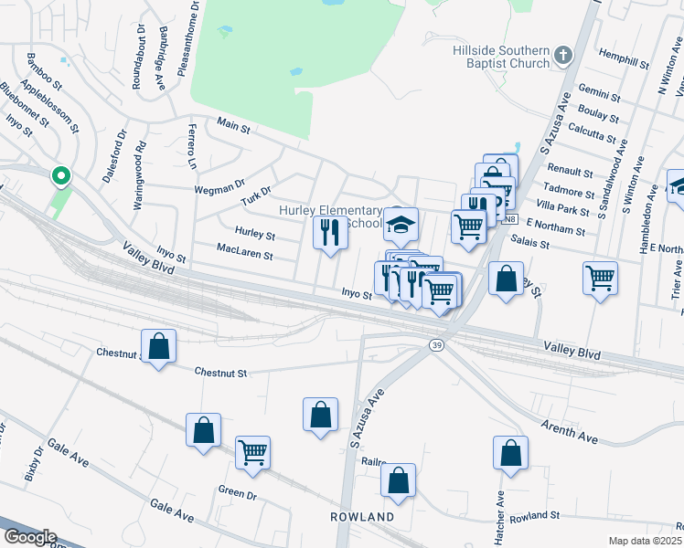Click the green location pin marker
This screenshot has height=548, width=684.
[x=60, y=174]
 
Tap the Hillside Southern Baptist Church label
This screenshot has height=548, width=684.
[x=501, y=57]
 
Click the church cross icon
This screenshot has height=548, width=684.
[x=562, y=57]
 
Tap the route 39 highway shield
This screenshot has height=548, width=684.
[x=437, y=343]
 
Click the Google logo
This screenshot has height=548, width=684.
[x=29, y=537]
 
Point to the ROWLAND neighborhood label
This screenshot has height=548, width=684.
[x=362, y=517]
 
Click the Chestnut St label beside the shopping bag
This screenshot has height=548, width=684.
[x=222, y=373]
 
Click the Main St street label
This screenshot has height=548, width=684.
[x=233, y=128]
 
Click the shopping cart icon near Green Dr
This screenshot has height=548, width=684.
[x=252, y=452]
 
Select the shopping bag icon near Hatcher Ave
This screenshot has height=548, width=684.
[x=510, y=452]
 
